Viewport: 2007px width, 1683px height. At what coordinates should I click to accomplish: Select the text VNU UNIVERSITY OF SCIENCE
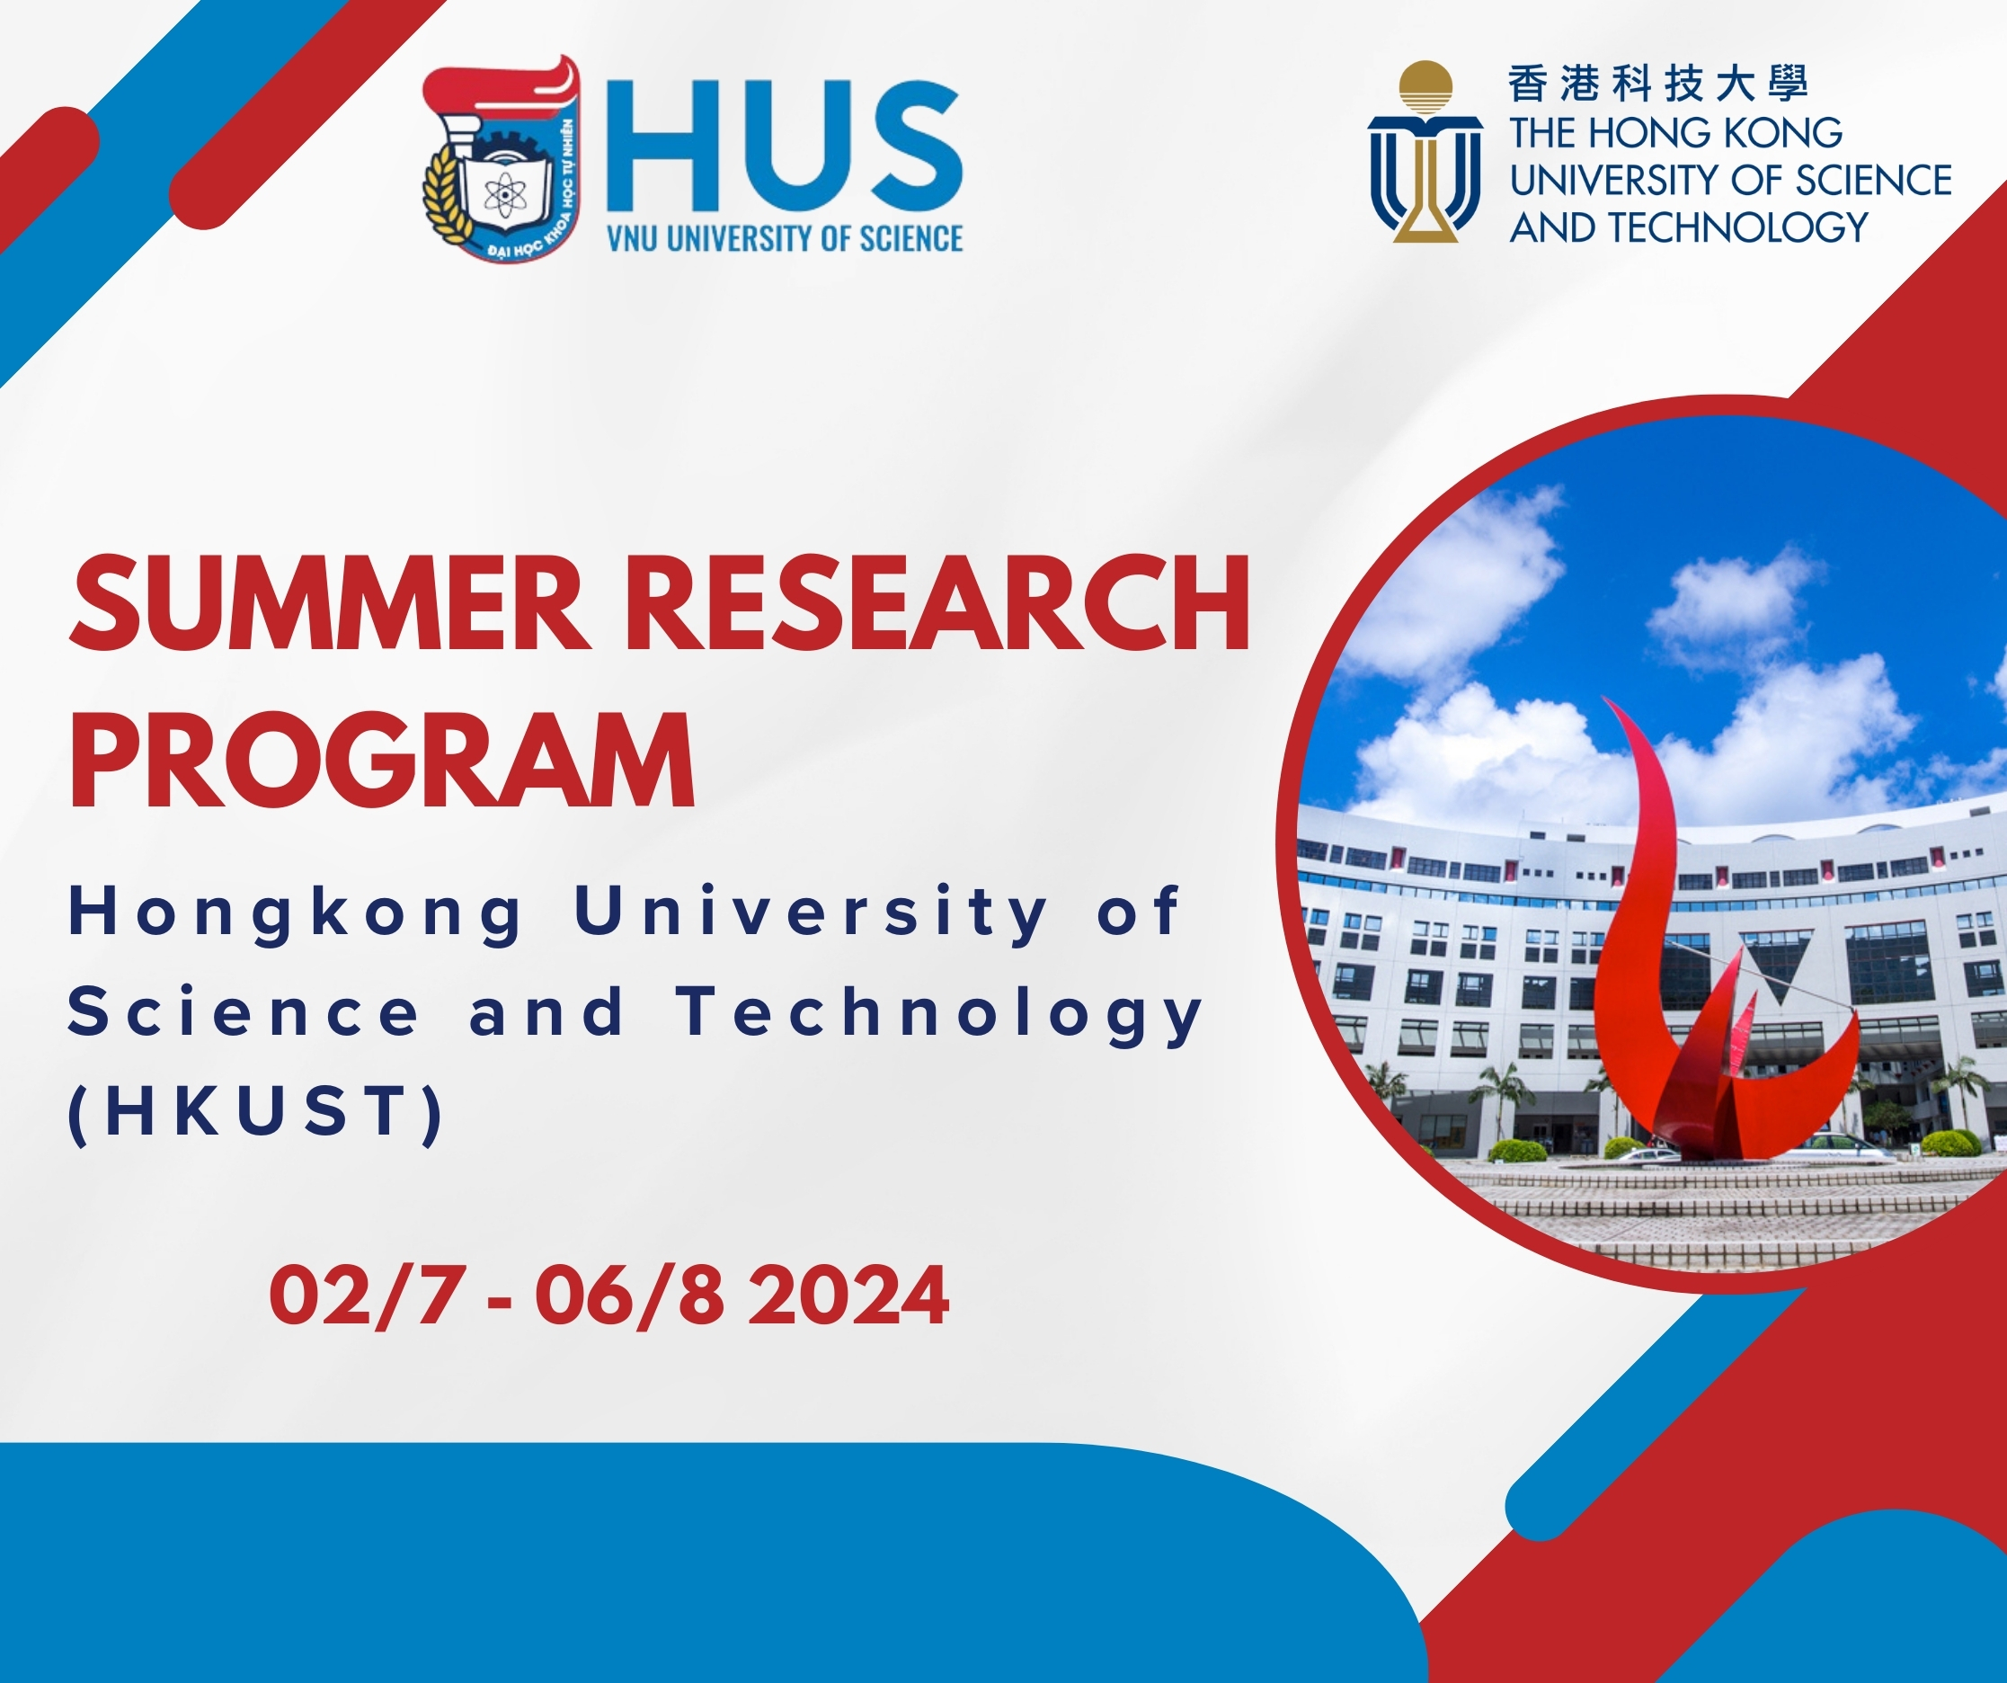point(785,238)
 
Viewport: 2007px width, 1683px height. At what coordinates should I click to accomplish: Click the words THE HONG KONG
point(1675,133)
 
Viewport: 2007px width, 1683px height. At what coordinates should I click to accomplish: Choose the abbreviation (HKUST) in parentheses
point(256,1112)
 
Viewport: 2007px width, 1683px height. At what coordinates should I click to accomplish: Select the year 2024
point(848,1297)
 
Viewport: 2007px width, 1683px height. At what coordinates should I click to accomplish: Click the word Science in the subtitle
point(244,1013)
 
